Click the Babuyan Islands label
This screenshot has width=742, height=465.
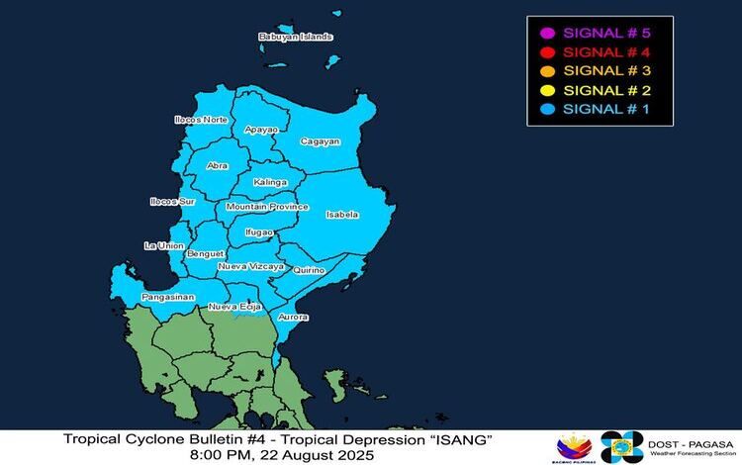[295, 37]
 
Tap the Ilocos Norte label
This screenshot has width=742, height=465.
[201, 120]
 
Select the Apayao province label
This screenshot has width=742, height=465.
[261, 130]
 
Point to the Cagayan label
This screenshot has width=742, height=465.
[320, 141]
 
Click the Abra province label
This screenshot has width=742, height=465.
[218, 166]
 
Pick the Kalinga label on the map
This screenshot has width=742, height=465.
[270, 182]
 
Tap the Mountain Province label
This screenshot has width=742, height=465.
[267, 207]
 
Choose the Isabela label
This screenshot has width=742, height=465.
[341, 214]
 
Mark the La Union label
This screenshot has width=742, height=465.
[163, 245]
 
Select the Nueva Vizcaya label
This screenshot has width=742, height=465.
[250, 267]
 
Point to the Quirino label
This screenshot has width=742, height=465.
[309, 268]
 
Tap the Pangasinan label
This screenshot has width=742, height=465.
[167, 297]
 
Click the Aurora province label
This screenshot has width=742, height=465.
[294, 317]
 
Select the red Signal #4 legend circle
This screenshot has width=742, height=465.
[547, 51]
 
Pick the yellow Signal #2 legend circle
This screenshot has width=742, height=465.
[547, 90]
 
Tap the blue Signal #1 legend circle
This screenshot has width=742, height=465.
[547, 109]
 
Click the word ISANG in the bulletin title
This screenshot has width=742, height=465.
[456, 438]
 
